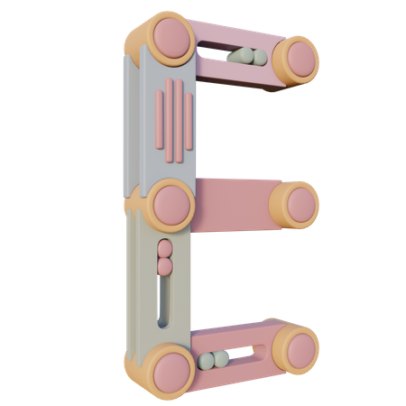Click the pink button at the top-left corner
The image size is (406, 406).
(x=171, y=38)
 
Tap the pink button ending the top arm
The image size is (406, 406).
(x=301, y=60)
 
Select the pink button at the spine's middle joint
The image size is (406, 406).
(x=172, y=205)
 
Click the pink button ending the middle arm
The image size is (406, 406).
(x=301, y=205)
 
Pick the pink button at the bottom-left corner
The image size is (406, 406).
(x=172, y=373)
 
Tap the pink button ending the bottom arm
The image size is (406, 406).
(x=301, y=351)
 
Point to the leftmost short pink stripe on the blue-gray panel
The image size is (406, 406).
(x=159, y=119)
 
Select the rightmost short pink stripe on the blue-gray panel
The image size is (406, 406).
(x=189, y=122)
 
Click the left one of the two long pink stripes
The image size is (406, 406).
(x=169, y=120)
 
